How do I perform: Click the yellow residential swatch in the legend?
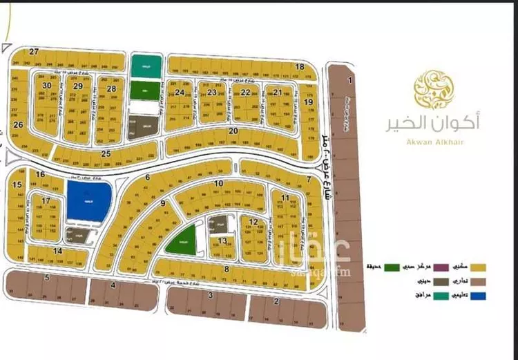pos(477,266)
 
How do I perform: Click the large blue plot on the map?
pos(89,200)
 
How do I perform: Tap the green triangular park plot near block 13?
pos(182,240)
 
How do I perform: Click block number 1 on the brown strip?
pos(350,81)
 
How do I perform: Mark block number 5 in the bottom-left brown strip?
pos(47,277)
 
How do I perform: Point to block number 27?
pos(33,52)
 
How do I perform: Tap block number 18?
pos(300,66)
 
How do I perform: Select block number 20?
pos(233,130)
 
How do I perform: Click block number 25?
pos(106,153)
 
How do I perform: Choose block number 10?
pos(218,183)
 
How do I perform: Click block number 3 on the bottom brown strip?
pos(211,295)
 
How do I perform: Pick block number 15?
pos(17,184)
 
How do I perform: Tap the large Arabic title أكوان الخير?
pos(434,122)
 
